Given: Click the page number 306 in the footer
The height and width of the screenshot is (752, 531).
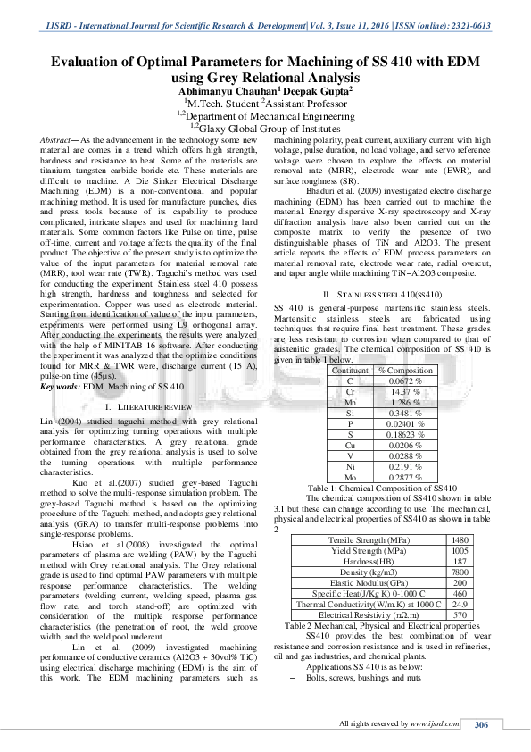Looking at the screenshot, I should click(x=481, y=723).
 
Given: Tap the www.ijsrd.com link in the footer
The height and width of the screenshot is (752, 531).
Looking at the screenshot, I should click(x=436, y=723).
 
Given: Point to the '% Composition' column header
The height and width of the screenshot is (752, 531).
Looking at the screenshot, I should click(x=405, y=370).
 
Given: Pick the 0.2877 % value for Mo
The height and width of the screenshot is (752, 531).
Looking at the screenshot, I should click(x=405, y=478).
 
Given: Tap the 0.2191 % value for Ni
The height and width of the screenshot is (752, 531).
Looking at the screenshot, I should click(x=405, y=466).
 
